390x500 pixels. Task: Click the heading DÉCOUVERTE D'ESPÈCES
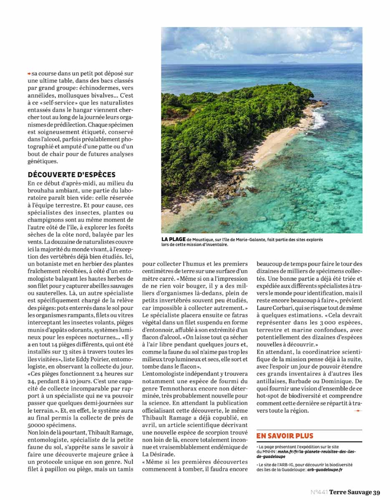[x=71, y=175]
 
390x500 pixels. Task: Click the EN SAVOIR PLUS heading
[x=284, y=436]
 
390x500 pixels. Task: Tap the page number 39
[x=377, y=492]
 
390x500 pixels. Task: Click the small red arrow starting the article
[x=29, y=73]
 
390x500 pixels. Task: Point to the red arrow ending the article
[x=357, y=411]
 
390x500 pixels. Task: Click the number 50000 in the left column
[x=38, y=425]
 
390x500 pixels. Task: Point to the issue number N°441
[x=319, y=492]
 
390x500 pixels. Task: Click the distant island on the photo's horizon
[x=289, y=62]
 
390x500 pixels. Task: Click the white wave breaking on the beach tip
[x=319, y=120]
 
